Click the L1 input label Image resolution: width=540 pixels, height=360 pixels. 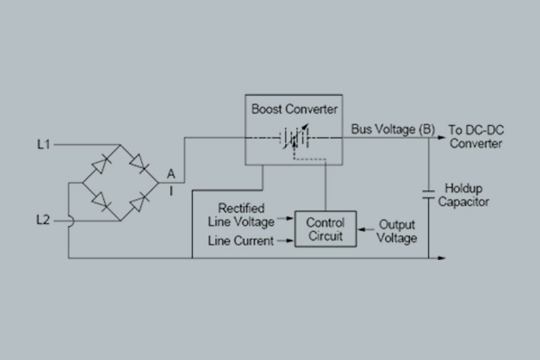point(43,144)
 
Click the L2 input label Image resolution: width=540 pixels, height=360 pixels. point(43,220)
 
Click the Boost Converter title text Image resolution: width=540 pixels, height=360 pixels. point(294,109)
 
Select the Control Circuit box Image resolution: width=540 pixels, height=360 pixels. point(325,229)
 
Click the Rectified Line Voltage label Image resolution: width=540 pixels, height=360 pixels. point(241,215)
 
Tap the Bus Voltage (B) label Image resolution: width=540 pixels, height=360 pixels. point(392,130)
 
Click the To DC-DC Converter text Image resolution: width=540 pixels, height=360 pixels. point(476,137)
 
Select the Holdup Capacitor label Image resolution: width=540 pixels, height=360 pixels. point(463,195)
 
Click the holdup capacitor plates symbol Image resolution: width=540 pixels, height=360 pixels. point(429,193)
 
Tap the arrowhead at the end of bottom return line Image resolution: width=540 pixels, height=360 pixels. point(442,257)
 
